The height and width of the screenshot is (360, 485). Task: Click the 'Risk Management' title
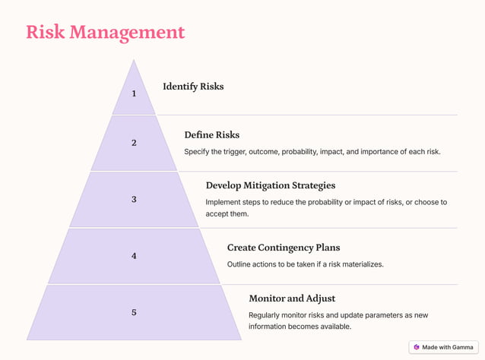click(x=105, y=32)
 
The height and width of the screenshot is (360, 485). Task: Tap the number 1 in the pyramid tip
click(x=134, y=93)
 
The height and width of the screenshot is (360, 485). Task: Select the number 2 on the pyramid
click(x=134, y=143)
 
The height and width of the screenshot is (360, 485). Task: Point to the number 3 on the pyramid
click(x=134, y=200)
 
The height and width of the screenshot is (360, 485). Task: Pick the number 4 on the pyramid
click(x=134, y=256)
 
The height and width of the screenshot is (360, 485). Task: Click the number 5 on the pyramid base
click(x=134, y=312)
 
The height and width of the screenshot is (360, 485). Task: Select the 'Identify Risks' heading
click(x=193, y=87)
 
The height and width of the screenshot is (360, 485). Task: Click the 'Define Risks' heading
click(x=211, y=135)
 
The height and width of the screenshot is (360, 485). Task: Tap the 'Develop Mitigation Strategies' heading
click(x=270, y=185)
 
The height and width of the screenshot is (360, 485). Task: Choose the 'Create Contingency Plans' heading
click(x=284, y=248)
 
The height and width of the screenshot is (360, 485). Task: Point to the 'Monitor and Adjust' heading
click(x=292, y=298)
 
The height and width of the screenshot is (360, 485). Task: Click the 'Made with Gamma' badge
click(x=443, y=347)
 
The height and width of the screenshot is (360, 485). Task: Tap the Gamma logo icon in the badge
click(x=417, y=347)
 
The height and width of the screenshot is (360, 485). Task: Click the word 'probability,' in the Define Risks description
click(x=302, y=152)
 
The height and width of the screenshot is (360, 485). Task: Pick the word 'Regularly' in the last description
click(x=266, y=315)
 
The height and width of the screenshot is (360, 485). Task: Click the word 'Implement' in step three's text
click(x=226, y=202)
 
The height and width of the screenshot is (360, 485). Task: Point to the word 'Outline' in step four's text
click(x=241, y=264)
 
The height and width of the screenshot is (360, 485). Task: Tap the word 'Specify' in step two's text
click(x=198, y=152)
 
